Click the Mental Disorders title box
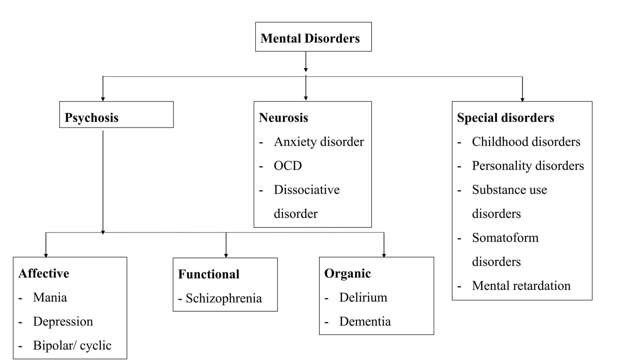click(313, 37)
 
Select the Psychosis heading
click(92, 118)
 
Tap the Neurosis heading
click(283, 118)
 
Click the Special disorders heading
click(505, 118)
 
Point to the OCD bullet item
click(287, 166)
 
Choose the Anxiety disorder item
click(319, 142)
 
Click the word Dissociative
click(307, 190)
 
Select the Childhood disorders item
click(526, 142)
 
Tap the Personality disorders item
click(528, 166)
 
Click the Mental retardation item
click(521, 286)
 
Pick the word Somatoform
click(505, 238)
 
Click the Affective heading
click(44, 273)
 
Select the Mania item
click(50, 297)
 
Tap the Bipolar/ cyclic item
click(72, 345)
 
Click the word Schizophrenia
click(224, 298)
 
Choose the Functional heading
click(209, 274)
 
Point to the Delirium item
click(363, 297)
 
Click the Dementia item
click(365, 322)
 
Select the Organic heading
click(347, 273)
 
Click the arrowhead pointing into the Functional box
click(226, 256)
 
